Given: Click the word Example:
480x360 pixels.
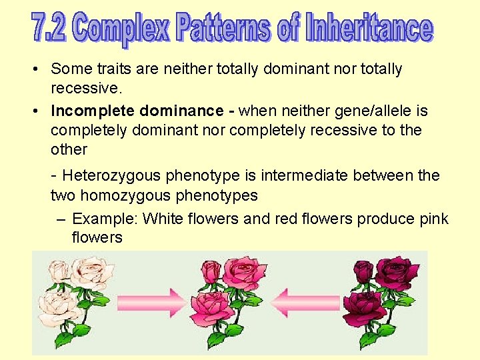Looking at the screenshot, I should (105, 219).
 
